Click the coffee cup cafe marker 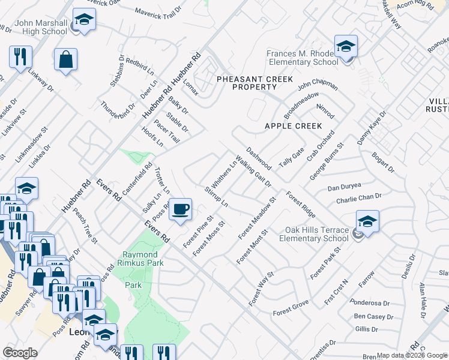click(180, 209)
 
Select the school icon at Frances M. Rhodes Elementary click(346, 47)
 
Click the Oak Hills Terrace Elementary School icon click(367, 221)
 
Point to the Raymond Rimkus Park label click(143, 259)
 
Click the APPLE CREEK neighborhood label click(294, 126)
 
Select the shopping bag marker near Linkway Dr click(65, 60)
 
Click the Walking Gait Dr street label click(254, 171)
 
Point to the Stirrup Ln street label click(216, 196)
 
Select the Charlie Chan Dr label click(359, 197)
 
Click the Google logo click(20, 353)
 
